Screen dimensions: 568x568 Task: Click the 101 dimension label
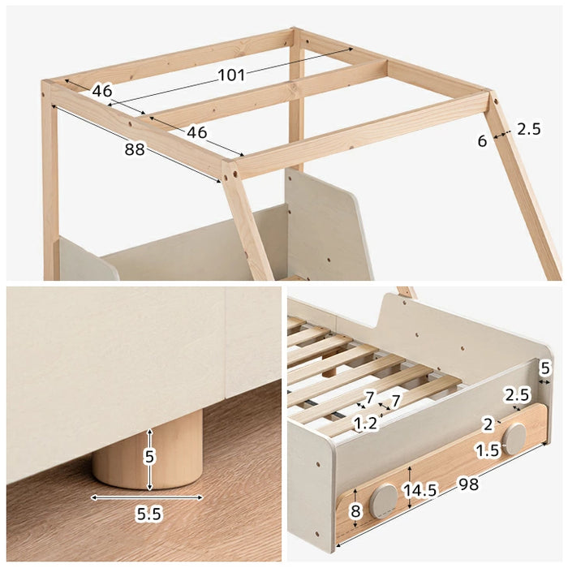[231, 75]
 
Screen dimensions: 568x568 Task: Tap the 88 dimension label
[135, 149]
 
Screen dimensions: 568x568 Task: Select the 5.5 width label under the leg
[148, 514]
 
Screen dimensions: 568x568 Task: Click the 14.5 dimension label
[420, 490]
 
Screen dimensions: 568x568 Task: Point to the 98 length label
[469, 484]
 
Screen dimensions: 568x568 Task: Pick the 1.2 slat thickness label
[365, 423]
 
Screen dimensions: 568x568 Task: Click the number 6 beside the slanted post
[482, 141]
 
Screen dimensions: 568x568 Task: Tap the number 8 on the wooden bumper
[355, 511]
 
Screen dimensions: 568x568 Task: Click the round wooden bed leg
[148, 450]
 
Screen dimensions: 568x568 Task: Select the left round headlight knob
[383, 501]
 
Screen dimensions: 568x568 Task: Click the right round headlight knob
[514, 439]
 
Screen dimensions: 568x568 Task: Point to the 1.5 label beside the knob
[487, 451]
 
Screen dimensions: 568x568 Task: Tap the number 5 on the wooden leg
[149, 456]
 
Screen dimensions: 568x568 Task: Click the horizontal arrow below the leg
[147, 497]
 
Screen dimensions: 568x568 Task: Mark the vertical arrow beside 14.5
[410, 488]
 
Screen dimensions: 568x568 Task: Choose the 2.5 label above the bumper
[518, 394]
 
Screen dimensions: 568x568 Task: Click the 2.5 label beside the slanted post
[528, 129]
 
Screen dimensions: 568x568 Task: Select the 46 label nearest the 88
[196, 132]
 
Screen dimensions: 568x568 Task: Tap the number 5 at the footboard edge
[544, 368]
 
